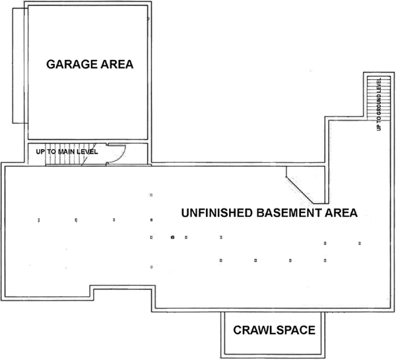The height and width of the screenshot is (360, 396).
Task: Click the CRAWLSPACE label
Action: [272, 330]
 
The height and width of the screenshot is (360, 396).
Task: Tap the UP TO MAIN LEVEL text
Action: [67, 152]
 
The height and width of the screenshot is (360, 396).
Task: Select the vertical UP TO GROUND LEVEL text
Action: [379, 104]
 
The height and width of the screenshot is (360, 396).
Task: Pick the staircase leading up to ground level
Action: [371, 99]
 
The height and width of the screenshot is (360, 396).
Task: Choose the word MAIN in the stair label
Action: [75, 152]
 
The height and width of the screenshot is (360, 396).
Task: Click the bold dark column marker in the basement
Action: [172, 236]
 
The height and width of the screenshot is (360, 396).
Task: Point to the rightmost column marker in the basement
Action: [360, 243]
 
